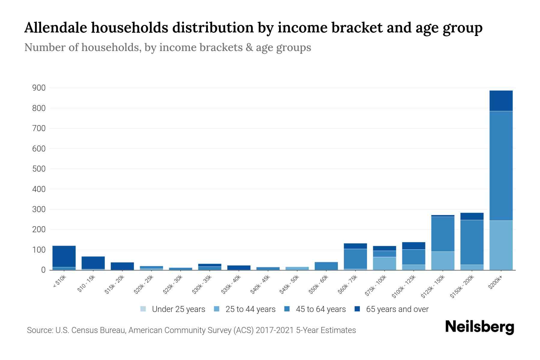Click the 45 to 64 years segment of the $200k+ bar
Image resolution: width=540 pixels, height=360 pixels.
coord(501,166)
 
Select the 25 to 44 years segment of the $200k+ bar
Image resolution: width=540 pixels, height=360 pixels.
coord(501,245)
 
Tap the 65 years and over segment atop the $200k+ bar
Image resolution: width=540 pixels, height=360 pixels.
coord(501,101)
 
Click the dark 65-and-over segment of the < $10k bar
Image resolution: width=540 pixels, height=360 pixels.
coord(64,256)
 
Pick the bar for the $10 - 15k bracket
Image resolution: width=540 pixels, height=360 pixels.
coord(93,263)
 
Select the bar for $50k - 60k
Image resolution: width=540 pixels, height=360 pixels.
coord(326,266)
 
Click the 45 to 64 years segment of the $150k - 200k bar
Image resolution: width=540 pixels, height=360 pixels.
coord(472,242)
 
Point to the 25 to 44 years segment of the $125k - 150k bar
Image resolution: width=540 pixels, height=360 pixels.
coord(443,260)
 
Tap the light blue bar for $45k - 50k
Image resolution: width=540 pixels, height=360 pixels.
coord(297,268)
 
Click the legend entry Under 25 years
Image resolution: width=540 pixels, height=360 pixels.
coord(178,309)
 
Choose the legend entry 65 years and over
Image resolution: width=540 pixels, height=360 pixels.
coord(397,309)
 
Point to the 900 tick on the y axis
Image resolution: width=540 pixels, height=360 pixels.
coord(39,88)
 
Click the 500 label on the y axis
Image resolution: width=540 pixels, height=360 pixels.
coord(39,169)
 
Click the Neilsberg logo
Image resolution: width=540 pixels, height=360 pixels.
coord(479,327)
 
